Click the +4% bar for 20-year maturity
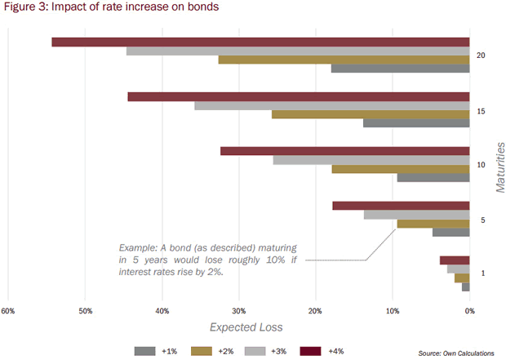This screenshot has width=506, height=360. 260,42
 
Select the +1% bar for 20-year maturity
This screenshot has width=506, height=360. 400,69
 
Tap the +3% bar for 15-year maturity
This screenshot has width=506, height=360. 331,105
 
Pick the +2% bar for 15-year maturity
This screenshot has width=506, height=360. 371,114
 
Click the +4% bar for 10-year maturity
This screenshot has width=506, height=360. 344,151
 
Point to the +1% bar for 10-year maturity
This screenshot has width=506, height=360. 433,177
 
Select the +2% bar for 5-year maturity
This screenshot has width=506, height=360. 433,223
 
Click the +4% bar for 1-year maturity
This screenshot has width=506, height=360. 455,260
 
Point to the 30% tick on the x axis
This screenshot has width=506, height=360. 239,311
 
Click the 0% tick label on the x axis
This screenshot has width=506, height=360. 469,311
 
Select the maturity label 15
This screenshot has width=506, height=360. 482,110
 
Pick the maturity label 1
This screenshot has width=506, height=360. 482,273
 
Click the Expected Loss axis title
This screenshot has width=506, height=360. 246,327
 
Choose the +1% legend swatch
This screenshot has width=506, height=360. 144,350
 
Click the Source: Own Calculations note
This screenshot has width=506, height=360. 455,352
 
